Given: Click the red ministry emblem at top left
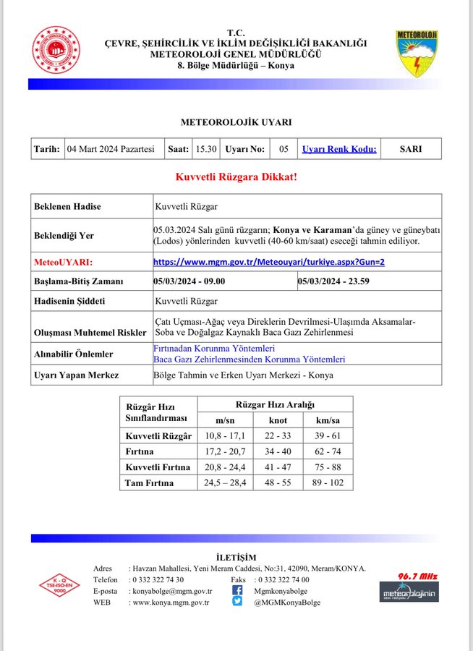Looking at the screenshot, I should pos(56,50).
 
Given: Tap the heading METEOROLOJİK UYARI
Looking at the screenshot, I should pos(236,123).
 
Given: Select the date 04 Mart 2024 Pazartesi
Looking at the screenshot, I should pos(111,149).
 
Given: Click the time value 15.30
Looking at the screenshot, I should pos(205,149).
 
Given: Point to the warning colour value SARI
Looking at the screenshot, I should pos(411,149).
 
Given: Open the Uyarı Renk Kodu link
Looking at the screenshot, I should pos(338,149).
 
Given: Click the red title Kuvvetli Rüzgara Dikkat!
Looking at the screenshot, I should pos(236,176).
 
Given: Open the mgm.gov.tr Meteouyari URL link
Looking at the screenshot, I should pos(269,262).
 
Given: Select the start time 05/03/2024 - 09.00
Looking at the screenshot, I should pos(189,281).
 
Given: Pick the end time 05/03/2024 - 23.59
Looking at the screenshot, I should pos(334,281).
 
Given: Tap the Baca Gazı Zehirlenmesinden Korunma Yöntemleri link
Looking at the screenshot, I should pos(249,359).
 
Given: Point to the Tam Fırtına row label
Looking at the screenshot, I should pos(149,482).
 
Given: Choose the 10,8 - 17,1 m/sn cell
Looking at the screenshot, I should pos(226,436).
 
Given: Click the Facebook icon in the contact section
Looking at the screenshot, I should pos(237,590).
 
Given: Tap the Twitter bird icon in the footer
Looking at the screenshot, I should pos(237,602).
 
